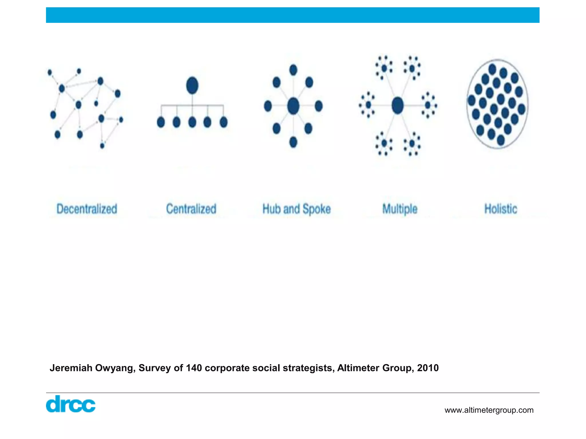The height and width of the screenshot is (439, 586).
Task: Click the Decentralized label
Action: [x=87, y=209]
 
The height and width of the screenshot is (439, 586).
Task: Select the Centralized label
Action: [x=191, y=209]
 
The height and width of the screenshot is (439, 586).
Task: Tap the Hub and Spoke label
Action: [x=296, y=209]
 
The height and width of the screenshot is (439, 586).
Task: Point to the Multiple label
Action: [x=400, y=209]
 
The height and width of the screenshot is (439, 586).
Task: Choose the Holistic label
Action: [x=500, y=209]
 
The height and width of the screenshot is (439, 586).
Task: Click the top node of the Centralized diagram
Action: [x=192, y=85]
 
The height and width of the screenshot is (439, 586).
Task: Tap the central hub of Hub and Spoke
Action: [x=293, y=106]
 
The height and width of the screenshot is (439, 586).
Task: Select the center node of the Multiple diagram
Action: [x=397, y=105]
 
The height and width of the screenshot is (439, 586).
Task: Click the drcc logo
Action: [x=71, y=404]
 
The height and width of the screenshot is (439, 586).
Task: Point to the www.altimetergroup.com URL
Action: [x=489, y=410]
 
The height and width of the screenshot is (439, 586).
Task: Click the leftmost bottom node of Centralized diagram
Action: [x=161, y=122]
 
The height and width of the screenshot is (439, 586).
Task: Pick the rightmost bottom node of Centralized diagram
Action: [x=223, y=122]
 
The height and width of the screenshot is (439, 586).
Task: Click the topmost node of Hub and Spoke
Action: [x=293, y=70]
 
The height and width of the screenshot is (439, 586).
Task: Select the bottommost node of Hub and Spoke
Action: [x=293, y=142]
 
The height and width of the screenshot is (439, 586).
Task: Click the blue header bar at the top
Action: [x=292, y=15]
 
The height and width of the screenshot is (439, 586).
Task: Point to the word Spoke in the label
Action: [x=316, y=209]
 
